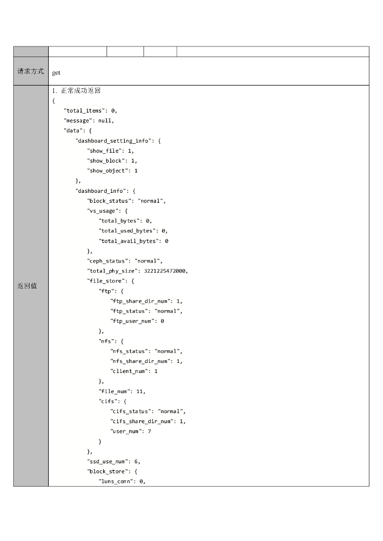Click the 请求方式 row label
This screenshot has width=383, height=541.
pyautogui.click(x=31, y=71)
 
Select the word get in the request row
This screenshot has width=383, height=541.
pyautogui.click(x=56, y=72)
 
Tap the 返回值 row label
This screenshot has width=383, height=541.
pyautogui.click(x=27, y=286)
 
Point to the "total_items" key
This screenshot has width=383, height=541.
pyautogui.click(x=84, y=110)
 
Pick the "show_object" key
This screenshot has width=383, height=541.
pyautogui.click(x=108, y=171)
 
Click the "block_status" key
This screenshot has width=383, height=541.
pyautogui.click(x=110, y=201)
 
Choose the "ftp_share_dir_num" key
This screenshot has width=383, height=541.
pyautogui.click(x=140, y=301)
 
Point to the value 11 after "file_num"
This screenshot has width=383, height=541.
pyautogui.click(x=140, y=391)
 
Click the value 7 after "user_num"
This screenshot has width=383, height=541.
pyautogui.click(x=150, y=431)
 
